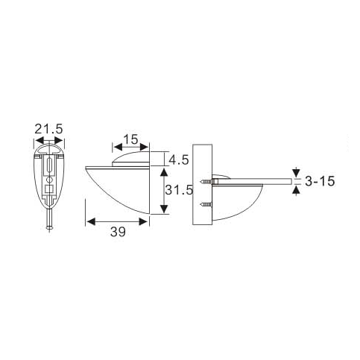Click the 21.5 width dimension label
point(48,130)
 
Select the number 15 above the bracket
point(130,139)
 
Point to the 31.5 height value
point(180,190)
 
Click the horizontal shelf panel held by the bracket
point(253,181)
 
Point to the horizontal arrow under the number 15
point(130,148)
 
